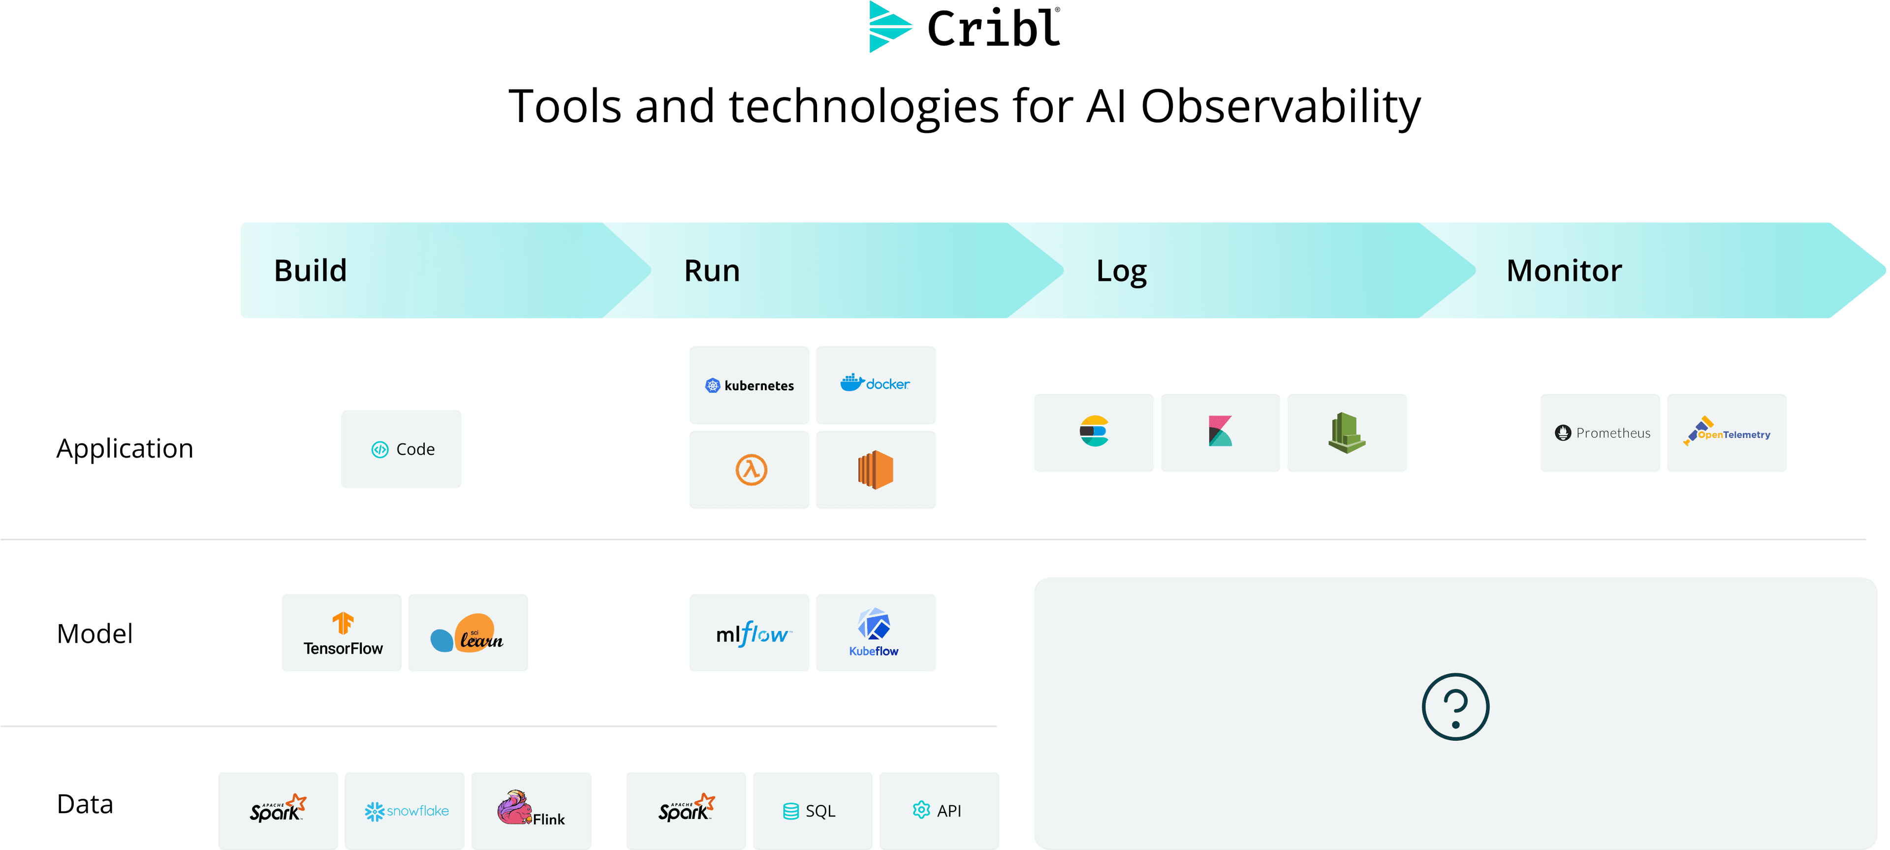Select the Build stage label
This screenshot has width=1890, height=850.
coord(311,271)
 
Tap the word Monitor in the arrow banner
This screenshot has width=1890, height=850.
coord(1564,271)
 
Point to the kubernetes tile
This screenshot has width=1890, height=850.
coord(749,385)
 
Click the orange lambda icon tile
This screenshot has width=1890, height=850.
coord(749,470)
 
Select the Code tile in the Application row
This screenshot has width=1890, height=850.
coord(401,449)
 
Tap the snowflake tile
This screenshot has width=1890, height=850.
coord(405,811)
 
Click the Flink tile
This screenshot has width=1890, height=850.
coord(531,811)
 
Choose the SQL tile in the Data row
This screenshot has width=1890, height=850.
coord(812,811)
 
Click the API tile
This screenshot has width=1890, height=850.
coord(939,811)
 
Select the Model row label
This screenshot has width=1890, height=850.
coord(94,633)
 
